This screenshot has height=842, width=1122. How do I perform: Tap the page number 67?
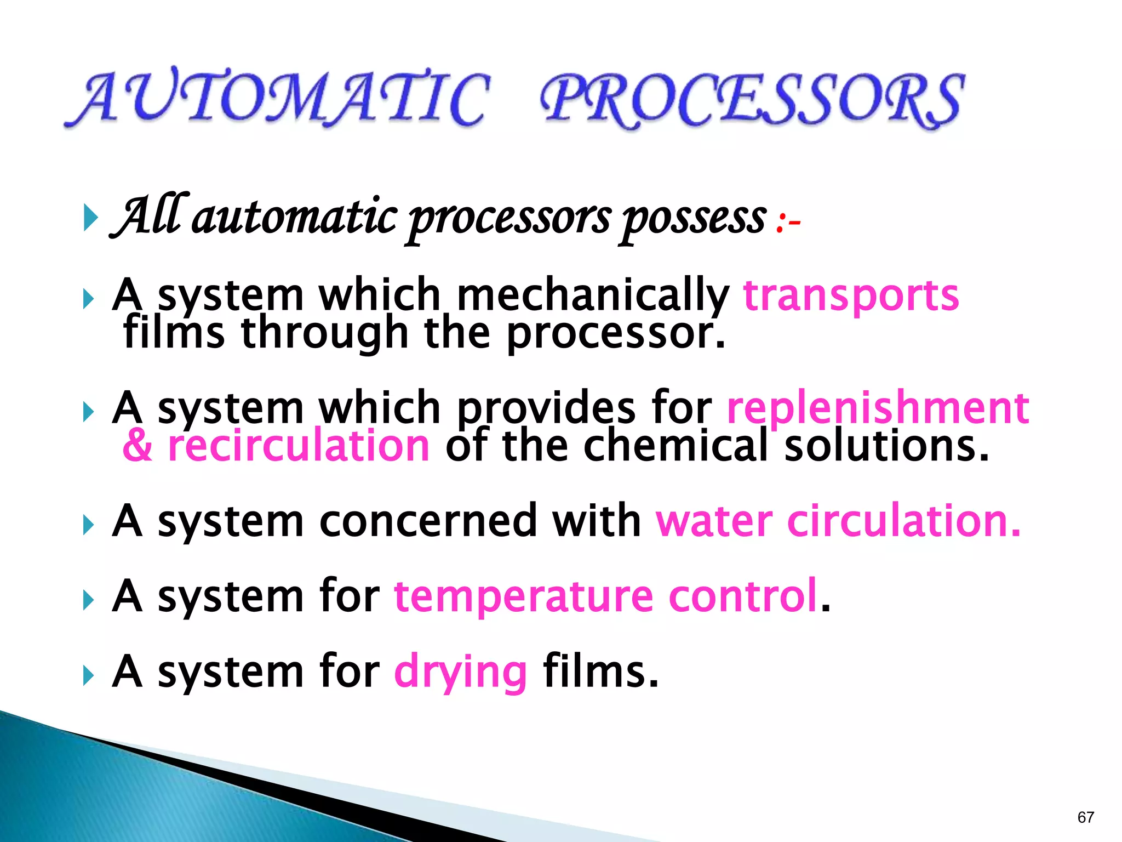pos(1085,817)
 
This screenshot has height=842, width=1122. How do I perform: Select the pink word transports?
pos(851,297)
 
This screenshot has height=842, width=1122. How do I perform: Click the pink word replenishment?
pos(878,408)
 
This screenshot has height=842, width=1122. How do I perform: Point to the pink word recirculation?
pos(299,446)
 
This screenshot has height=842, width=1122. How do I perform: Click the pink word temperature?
pos(523,596)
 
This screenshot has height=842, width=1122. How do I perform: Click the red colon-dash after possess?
pos(788,222)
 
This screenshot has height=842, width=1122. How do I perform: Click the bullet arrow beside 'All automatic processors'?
pos(90,218)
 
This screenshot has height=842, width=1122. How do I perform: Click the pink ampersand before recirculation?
pos(137,446)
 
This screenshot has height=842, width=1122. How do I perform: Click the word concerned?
pos(428,521)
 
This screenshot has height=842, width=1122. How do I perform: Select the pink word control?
pos(743,596)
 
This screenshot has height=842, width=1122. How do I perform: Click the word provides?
pos(546,409)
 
